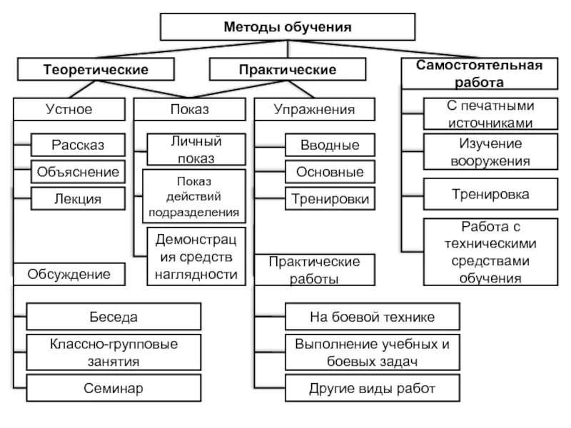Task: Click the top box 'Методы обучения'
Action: (288, 27)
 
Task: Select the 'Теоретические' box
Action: (96, 69)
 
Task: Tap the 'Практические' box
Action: (287, 69)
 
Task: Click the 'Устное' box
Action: (69, 109)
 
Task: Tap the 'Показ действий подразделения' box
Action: (194, 196)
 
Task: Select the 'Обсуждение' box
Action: (69, 273)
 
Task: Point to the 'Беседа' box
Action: (113, 316)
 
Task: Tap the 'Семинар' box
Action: (113, 388)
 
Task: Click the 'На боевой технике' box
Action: (372, 316)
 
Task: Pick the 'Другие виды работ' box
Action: (372, 388)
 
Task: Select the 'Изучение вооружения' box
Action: (490, 151)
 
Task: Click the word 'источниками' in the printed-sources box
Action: (490, 122)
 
